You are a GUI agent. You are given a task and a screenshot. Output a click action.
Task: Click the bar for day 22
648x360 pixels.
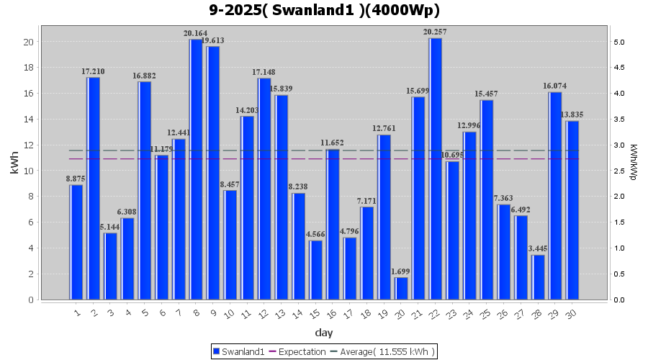(x=435, y=168)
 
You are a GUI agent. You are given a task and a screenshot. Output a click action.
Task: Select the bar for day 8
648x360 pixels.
(x=196, y=169)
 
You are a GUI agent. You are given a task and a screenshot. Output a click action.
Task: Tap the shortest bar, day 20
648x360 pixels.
(x=401, y=288)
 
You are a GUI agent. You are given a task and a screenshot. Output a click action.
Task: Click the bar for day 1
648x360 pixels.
(x=76, y=242)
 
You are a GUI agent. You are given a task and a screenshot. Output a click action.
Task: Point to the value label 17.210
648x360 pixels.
(x=93, y=72)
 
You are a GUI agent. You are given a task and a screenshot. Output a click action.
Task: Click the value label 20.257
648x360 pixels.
(x=435, y=32)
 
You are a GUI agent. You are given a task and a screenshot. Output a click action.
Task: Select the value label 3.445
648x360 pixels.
(x=538, y=249)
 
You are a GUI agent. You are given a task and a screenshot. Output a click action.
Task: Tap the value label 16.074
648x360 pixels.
(x=555, y=86)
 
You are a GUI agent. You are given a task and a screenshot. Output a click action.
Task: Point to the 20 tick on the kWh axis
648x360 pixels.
(x=29, y=42)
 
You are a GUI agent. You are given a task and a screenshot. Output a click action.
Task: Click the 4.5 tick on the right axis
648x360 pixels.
(x=619, y=68)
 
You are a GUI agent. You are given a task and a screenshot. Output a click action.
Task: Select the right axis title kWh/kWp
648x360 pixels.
(x=634, y=163)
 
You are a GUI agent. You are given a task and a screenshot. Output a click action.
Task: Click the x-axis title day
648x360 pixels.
(x=324, y=333)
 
